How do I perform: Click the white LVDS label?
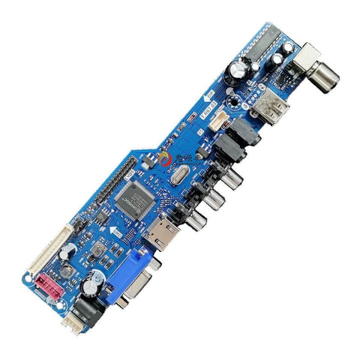128,177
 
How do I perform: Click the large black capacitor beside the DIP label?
235,71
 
